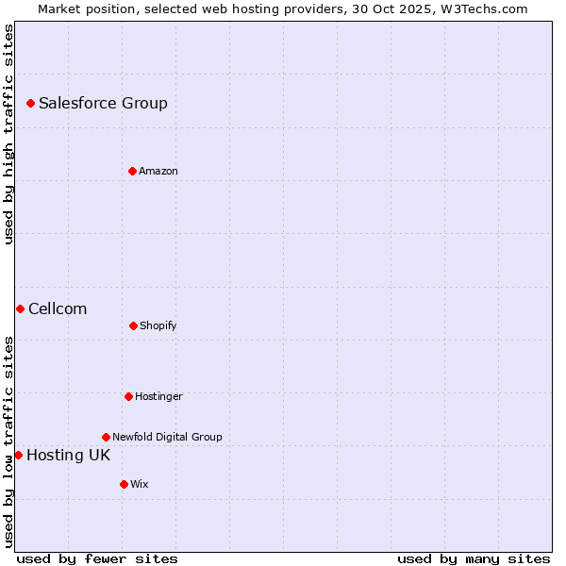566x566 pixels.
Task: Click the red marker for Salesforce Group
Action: point(30,103)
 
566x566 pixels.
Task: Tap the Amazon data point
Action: point(132,171)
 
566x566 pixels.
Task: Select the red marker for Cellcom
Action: point(20,308)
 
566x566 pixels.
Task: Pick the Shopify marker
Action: point(133,325)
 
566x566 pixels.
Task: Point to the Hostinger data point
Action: point(128,396)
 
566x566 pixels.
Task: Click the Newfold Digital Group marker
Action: point(106,437)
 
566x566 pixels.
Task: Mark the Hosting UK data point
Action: point(18,455)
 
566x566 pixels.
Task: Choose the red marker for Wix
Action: point(124,484)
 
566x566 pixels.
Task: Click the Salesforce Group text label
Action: point(103,103)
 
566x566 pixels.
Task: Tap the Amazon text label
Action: point(158,171)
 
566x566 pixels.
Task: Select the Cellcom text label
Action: point(58,308)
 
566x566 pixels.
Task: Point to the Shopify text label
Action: point(158,325)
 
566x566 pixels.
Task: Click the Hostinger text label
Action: point(158,396)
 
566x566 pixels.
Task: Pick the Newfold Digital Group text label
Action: point(167,437)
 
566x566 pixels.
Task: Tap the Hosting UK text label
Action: point(68,455)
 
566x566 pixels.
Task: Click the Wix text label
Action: point(140,484)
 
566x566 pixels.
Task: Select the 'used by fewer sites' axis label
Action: point(97,558)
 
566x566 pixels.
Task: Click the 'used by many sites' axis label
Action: point(474,558)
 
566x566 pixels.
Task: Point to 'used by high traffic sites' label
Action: point(8,134)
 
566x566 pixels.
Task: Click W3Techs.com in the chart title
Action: point(481,8)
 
